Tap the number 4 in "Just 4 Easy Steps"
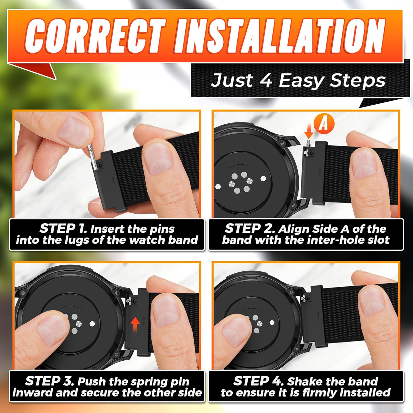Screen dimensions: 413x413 click(265, 81)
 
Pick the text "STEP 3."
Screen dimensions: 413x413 click(50, 381)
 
